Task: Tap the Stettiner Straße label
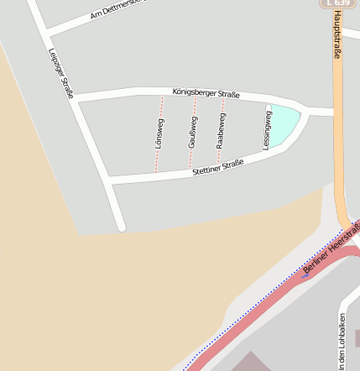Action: tap(217, 167)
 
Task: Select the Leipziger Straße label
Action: tap(61, 71)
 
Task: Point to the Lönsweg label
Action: tap(159, 133)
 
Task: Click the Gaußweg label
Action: tap(192, 133)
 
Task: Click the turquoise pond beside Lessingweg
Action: tap(283, 123)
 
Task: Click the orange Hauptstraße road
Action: tap(339, 151)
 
